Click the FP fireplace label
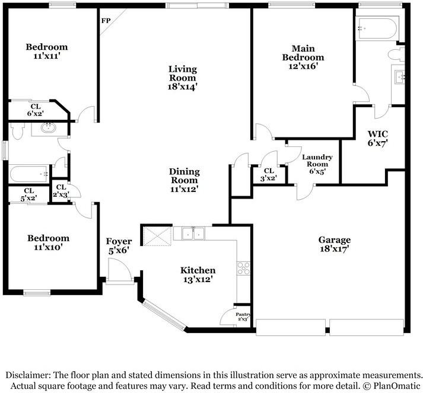click(106, 21)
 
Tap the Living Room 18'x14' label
click(183, 78)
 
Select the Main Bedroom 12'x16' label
click(303, 57)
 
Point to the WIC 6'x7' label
click(378, 138)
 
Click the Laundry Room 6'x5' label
click(317, 164)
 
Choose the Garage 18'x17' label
click(335, 244)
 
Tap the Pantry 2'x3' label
click(243, 317)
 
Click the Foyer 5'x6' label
click(119, 246)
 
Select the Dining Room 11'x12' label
click(185, 180)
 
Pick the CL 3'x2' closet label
click(269, 174)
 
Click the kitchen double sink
click(193, 234)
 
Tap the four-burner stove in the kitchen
click(243, 268)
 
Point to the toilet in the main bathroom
click(396, 55)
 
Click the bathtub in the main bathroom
click(377, 28)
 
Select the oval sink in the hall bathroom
click(49, 128)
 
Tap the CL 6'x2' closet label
click(36, 110)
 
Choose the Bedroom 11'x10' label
click(48, 242)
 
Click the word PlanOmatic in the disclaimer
click(397, 385)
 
